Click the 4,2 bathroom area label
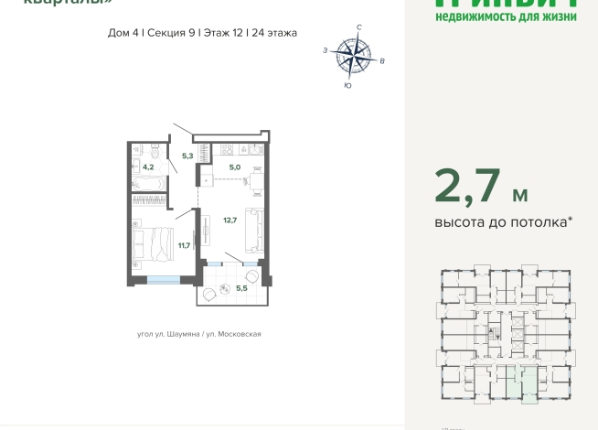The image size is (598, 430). point(148,167)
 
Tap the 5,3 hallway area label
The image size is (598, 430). point(187,156)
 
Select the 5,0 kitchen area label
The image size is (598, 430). point(234,167)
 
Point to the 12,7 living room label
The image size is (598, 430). point(230,220)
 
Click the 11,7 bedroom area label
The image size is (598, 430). point(184,244)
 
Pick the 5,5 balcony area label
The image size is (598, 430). point(242,288)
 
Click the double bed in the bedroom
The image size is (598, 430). point(151,242)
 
